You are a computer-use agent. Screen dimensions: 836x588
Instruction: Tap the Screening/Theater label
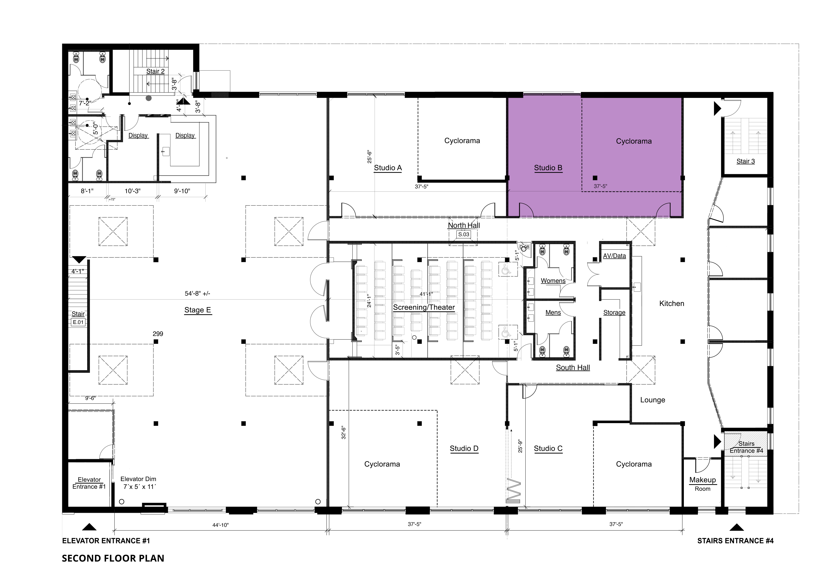[x=424, y=307]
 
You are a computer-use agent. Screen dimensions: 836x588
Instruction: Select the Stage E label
[x=198, y=310]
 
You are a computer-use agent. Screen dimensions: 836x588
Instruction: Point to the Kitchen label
[x=672, y=303]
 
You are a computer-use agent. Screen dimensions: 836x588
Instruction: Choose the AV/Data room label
[x=614, y=256]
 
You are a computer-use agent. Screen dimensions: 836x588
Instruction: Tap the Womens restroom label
[x=553, y=281]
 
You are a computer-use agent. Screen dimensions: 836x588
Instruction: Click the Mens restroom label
[x=553, y=313]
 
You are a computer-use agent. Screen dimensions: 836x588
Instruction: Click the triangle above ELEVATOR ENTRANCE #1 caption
[x=89, y=527]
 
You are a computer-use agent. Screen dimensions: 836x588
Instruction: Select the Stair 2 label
[x=155, y=71]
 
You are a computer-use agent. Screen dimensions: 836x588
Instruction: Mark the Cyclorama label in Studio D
[x=382, y=464]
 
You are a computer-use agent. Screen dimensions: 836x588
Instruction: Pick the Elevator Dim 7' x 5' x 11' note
[x=138, y=483]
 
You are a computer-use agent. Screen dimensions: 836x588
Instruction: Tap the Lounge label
[x=653, y=400]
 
